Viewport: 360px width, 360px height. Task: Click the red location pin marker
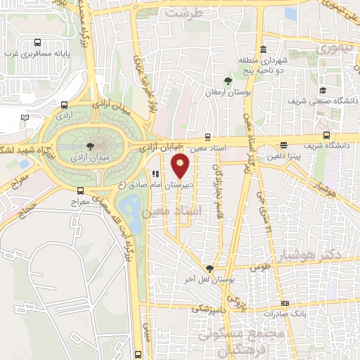point(181,167)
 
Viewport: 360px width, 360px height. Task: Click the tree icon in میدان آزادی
point(89,146)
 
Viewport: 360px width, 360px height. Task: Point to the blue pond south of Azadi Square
point(129,207)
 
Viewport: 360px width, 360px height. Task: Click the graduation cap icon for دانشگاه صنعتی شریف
point(323,90)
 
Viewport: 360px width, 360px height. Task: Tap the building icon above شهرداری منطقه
point(262,49)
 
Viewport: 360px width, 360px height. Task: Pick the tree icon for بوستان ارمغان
point(227,82)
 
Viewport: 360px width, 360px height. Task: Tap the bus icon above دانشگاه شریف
point(326,136)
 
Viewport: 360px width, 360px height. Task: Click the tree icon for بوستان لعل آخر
point(209,269)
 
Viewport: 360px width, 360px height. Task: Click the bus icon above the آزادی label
point(63,102)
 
